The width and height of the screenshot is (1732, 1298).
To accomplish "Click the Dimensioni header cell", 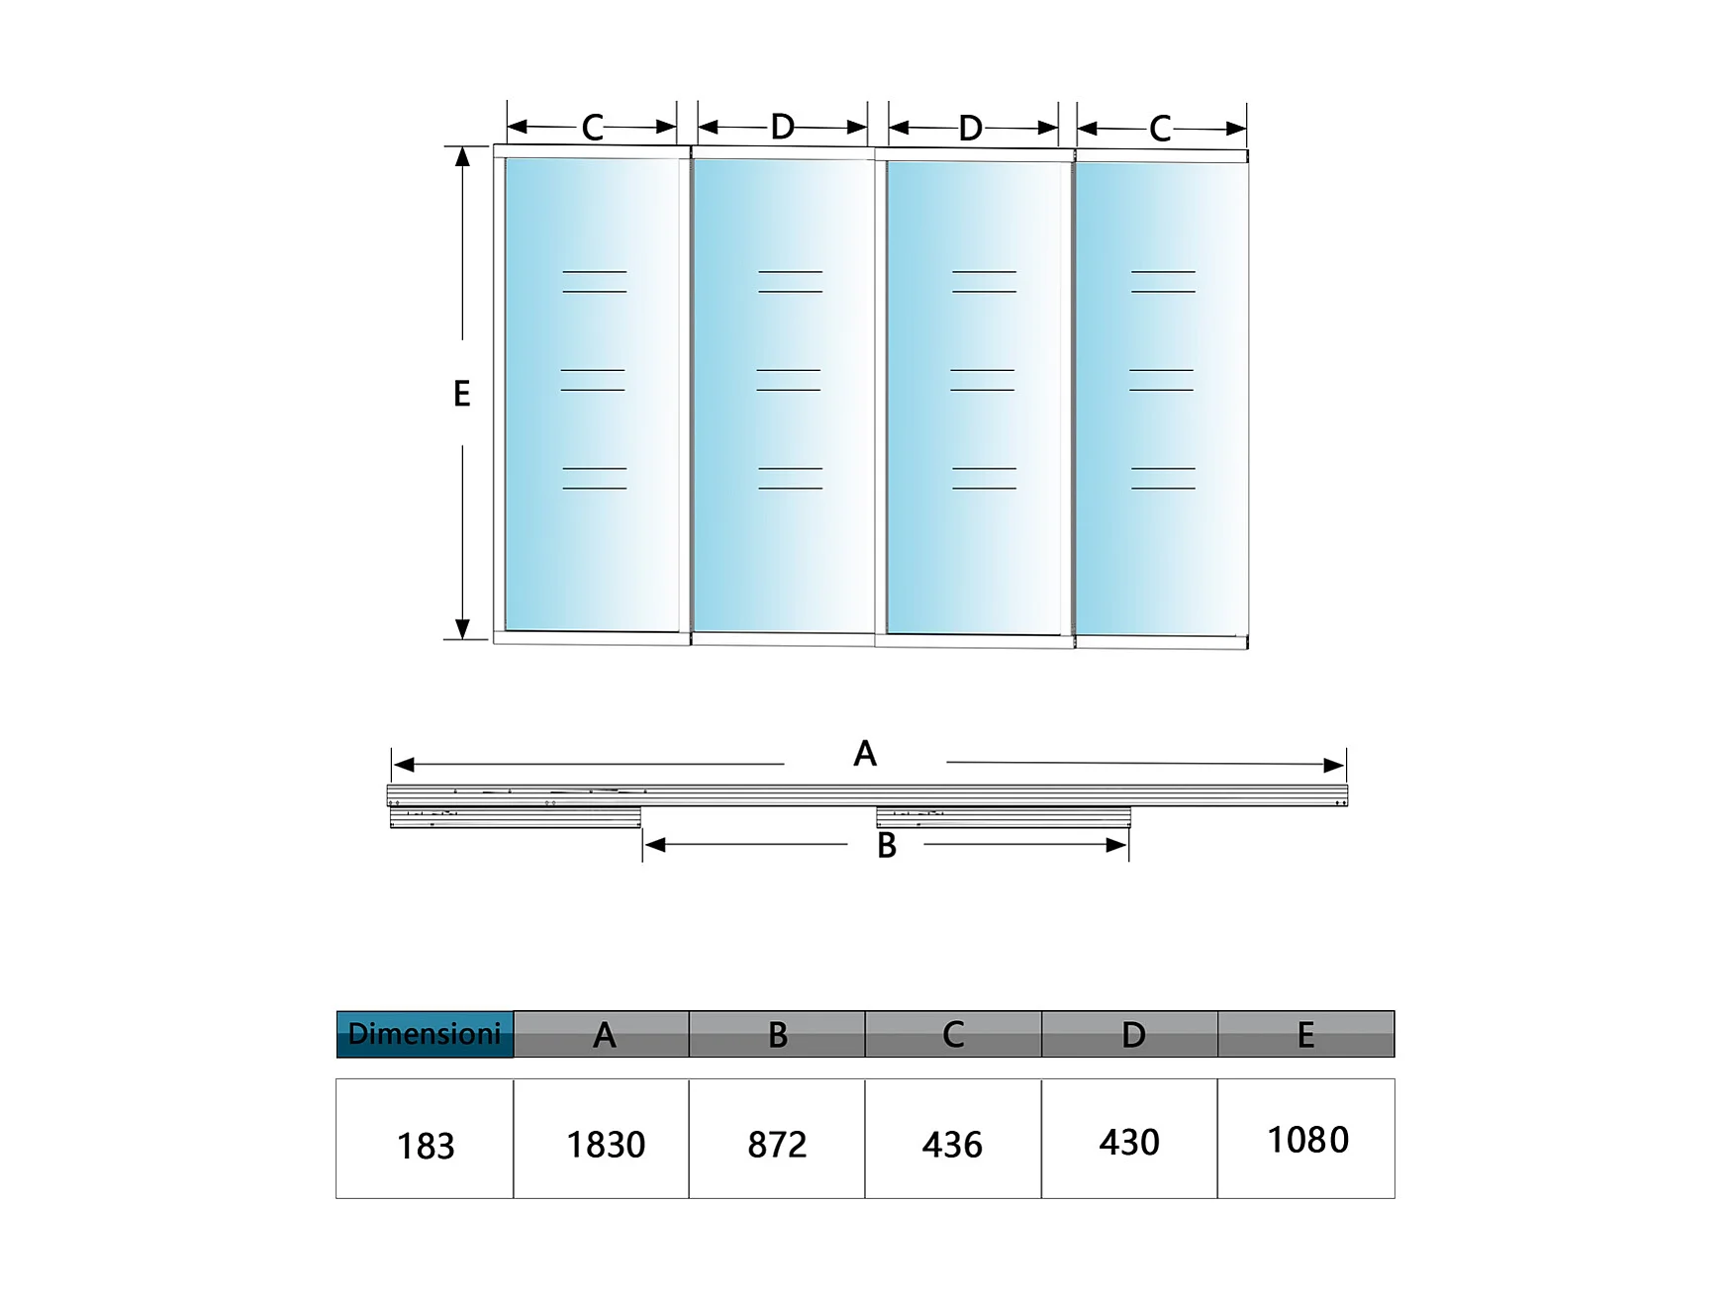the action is (x=425, y=1034).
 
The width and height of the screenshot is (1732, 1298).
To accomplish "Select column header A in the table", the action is (x=604, y=1035).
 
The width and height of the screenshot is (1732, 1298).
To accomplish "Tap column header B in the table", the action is (x=778, y=1035).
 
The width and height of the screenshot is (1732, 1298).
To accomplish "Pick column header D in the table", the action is (x=1133, y=1035).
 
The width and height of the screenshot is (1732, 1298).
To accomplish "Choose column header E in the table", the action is (x=1305, y=1035).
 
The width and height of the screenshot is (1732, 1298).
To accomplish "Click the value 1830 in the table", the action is (x=606, y=1145).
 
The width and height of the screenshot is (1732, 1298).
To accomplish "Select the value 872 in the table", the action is (x=777, y=1145).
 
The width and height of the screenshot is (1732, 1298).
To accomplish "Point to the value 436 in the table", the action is (x=952, y=1145).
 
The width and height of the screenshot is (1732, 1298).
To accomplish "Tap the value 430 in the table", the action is (x=1129, y=1143).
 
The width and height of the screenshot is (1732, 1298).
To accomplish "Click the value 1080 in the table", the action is (x=1307, y=1140).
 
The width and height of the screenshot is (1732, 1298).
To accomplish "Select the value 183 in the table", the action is (x=426, y=1146).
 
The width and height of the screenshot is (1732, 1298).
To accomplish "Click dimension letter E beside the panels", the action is (x=461, y=394).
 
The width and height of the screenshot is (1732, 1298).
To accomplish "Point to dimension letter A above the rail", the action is (x=865, y=754).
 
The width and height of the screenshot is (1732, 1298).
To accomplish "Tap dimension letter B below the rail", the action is (x=887, y=846).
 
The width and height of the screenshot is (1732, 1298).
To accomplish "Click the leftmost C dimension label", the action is (x=592, y=128).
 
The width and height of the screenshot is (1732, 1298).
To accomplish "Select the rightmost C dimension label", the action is (x=1160, y=129).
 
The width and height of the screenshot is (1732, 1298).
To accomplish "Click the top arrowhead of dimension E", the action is (x=462, y=156).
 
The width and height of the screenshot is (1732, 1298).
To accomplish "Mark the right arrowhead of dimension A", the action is (x=1334, y=765).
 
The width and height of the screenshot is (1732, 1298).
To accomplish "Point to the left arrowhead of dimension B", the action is (x=654, y=845).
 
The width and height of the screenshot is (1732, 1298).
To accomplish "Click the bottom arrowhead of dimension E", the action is (x=462, y=629).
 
